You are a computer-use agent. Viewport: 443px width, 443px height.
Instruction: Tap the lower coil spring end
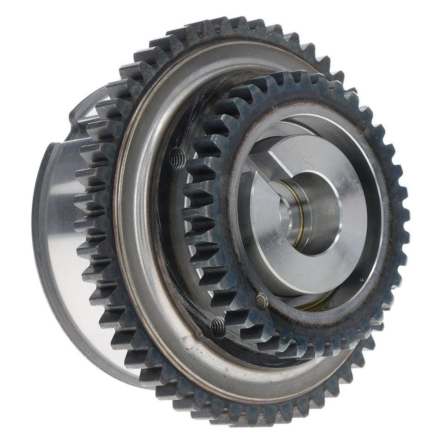(x=219, y=327)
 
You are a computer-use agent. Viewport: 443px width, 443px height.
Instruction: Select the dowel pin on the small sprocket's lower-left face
(x=261, y=301)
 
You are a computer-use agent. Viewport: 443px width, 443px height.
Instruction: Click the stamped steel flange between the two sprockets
(x=138, y=258)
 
